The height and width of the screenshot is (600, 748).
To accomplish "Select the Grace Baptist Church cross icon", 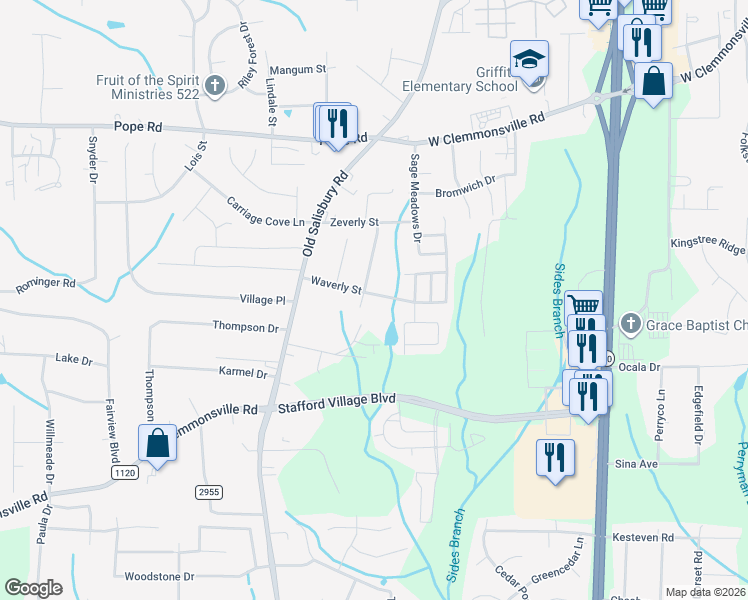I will point(629,324).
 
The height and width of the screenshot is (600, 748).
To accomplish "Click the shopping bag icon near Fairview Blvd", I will point(158,443).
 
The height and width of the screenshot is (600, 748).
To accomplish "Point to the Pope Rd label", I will point(139,128).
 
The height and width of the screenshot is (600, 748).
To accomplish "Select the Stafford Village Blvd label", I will point(337,400).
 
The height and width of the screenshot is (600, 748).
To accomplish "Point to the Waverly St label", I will point(336,287).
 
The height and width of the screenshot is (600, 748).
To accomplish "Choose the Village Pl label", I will point(263,299).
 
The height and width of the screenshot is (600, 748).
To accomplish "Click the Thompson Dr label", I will point(245,326).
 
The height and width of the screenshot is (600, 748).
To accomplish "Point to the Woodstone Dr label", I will point(159,577).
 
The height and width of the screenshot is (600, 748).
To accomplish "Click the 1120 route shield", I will point(124,472).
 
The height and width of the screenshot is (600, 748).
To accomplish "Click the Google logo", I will point(33,588).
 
